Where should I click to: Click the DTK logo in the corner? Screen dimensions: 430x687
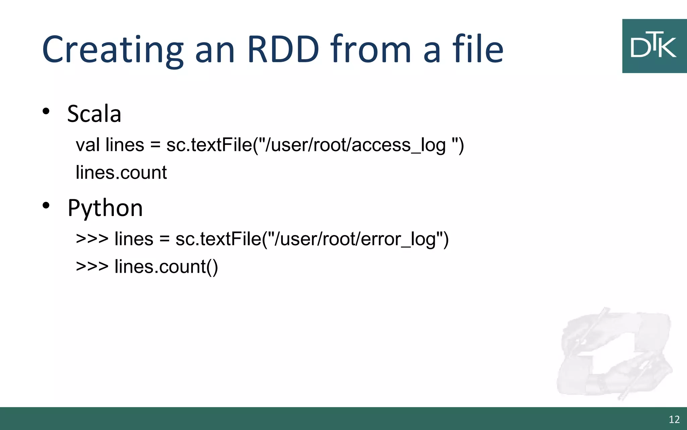tap(654, 46)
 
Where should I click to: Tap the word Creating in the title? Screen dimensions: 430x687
tap(113, 50)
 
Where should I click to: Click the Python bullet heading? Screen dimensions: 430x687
tap(105, 208)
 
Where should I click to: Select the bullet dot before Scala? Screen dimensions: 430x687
tap(46, 111)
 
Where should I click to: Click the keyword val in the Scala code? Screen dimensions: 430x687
tap(88, 145)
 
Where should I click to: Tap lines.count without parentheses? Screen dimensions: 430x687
tap(121, 173)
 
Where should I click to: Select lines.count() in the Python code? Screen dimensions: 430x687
tap(166, 267)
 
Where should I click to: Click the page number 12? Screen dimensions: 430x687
tap(674, 419)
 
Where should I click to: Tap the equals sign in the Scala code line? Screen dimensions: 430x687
tap(155, 145)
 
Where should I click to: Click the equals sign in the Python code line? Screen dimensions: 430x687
tap(164, 239)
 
